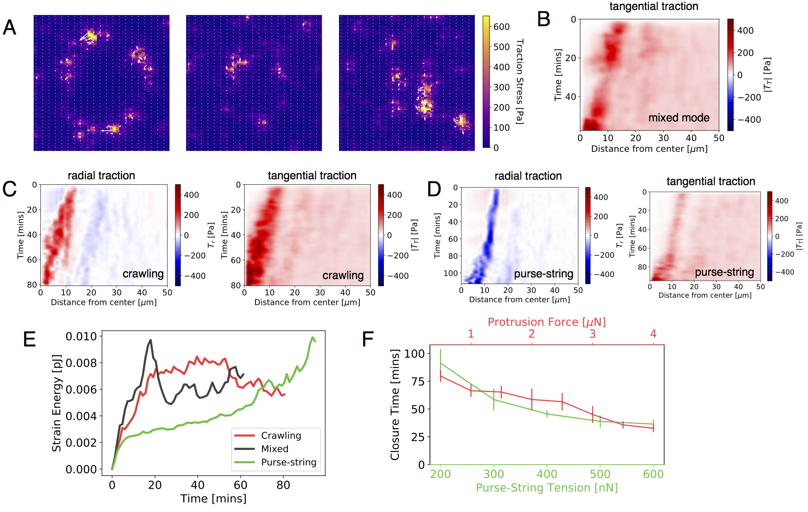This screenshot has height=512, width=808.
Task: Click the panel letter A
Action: click(9, 27)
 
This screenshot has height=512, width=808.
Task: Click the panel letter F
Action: click(368, 339)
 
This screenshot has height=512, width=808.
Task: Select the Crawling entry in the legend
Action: click(281, 435)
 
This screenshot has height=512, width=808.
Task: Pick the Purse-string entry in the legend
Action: click(288, 462)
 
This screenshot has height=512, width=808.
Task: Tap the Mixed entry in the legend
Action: click(275, 449)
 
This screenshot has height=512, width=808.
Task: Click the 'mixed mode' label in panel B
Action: click(679, 118)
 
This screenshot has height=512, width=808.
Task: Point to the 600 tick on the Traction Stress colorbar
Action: click(501, 27)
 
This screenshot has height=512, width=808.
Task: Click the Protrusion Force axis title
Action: click(546, 322)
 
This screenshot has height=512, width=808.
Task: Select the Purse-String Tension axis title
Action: click(547, 487)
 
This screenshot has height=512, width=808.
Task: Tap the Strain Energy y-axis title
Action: click(56, 403)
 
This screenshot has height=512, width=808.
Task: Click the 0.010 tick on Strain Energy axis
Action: click(81, 336)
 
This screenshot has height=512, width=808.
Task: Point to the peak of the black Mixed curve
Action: click(150, 340)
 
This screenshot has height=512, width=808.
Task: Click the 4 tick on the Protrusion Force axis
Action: click(653, 334)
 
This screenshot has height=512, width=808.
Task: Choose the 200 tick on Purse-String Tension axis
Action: click(440, 474)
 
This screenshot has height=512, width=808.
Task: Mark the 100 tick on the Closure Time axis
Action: click(415, 354)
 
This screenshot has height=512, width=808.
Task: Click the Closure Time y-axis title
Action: click(395, 404)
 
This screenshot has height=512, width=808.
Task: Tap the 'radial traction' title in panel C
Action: click(101, 176)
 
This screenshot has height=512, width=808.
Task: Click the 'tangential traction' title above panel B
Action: click(653, 6)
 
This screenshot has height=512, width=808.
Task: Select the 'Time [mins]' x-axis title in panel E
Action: click(213, 498)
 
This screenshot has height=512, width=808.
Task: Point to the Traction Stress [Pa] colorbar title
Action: click(519, 82)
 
